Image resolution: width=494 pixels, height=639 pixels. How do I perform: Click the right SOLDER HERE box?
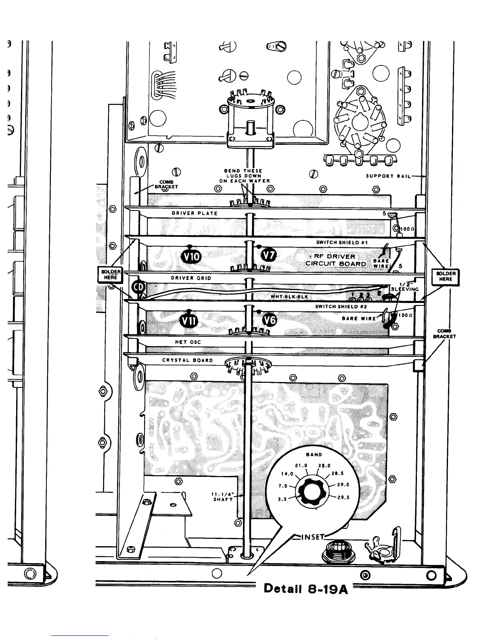446,276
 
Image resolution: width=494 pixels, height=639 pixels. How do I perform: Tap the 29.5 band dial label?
343,497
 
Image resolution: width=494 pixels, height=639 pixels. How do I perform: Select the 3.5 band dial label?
283,499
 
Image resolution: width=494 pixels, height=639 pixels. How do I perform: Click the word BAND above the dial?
314,455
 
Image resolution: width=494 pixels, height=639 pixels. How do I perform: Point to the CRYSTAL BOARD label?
187,360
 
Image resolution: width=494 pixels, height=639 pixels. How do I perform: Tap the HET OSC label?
188,342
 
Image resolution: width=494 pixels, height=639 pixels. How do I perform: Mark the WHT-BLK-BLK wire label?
289,297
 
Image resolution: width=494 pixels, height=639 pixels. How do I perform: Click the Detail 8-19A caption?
306,589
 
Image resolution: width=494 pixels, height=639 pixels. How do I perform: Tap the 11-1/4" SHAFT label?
223,497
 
